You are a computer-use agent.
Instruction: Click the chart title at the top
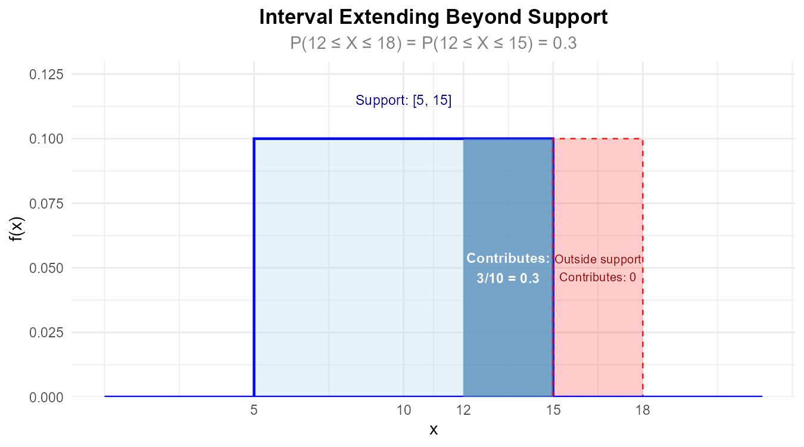coord(433,44)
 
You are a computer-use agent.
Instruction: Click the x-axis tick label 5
coord(254,411)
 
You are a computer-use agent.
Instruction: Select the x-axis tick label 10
coord(404,411)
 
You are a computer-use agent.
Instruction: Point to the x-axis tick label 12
coord(463,411)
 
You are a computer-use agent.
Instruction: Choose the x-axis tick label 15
coord(553,411)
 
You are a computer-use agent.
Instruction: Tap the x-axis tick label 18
coord(643,411)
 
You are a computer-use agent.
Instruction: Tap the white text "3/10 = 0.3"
coord(508,278)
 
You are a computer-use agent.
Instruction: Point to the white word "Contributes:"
coord(507,259)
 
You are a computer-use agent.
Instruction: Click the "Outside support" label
coord(598,259)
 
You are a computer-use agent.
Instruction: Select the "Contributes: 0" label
coord(598,277)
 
